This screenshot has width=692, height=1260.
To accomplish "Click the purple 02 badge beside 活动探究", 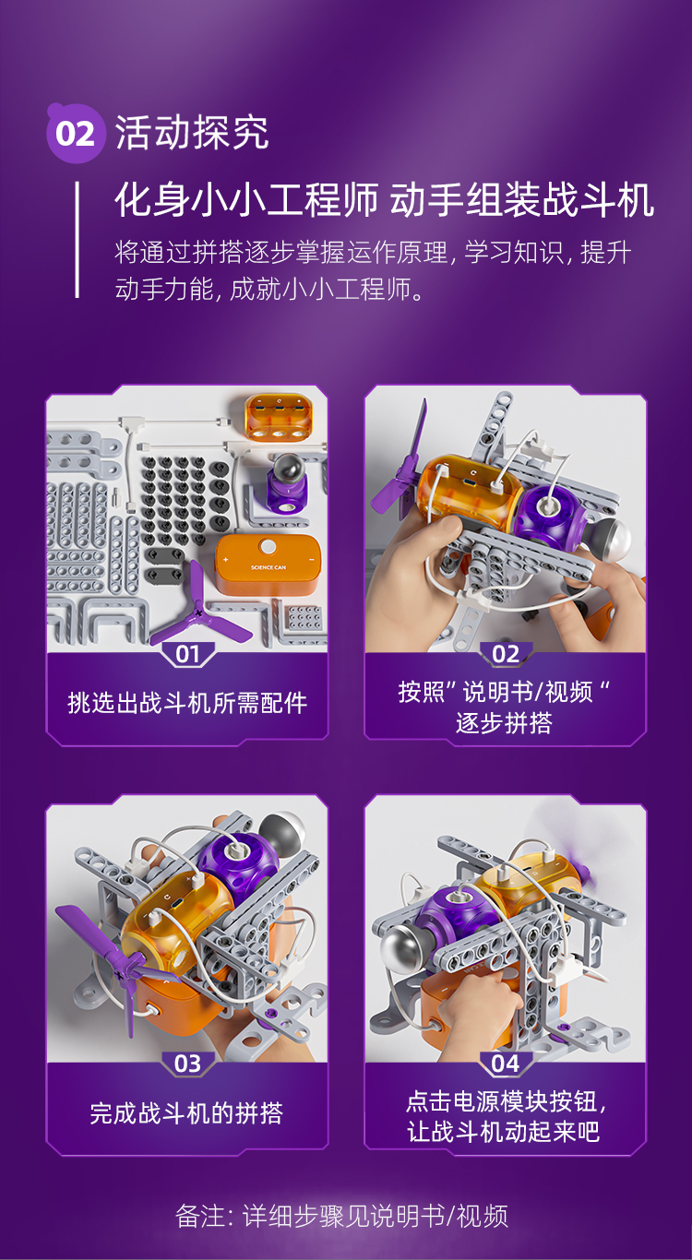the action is coord(76,134).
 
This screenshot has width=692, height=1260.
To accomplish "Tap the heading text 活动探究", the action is coord(192,134).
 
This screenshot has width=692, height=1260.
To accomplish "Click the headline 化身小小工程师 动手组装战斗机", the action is coord(384,199).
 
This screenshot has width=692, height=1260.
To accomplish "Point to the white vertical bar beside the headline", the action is coord(78,239).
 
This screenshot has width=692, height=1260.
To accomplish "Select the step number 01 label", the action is coord(188,654).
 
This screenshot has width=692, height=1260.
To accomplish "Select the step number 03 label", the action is coord(188,1064).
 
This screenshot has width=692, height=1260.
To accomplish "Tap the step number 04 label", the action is coord(505,1064).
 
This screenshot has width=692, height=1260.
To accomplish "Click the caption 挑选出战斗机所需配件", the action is coord(187,703).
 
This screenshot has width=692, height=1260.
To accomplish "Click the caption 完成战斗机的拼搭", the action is coord(186,1113).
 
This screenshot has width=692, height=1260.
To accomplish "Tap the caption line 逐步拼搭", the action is coord(504,723).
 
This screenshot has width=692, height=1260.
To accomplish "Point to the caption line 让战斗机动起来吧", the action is coord(504,1131).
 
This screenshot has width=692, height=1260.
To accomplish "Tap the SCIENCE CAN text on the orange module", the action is coord(268,567).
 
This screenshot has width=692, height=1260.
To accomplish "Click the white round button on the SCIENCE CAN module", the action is coord(268,546).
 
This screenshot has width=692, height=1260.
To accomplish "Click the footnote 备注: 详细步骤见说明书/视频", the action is coord(341,1216).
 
